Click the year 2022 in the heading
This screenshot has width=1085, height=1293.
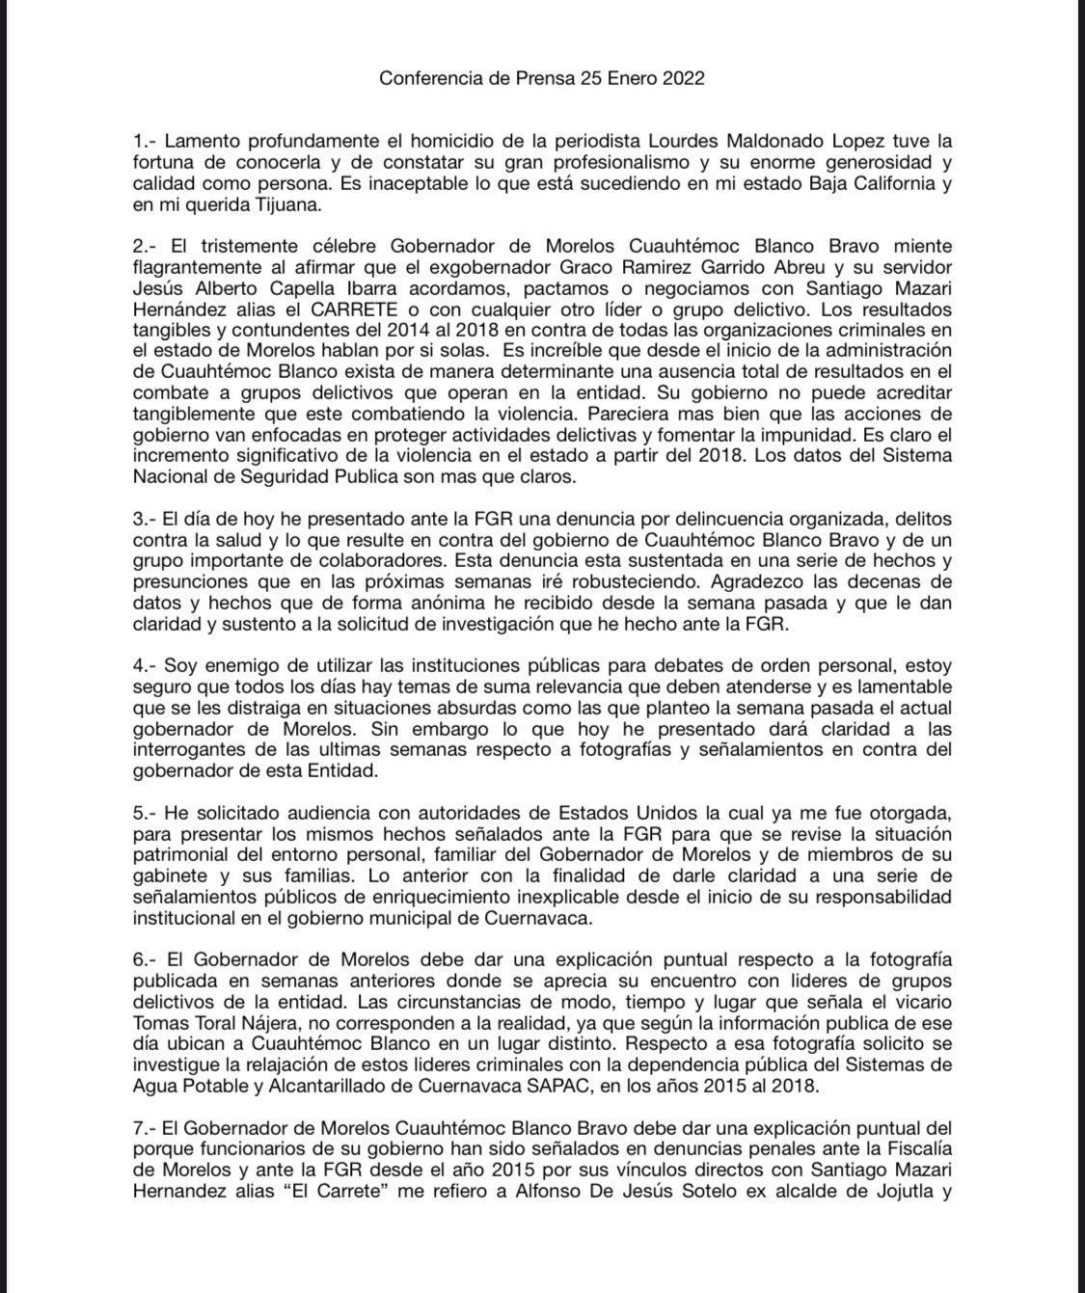coord(683,79)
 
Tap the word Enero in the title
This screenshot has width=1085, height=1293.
coord(623,79)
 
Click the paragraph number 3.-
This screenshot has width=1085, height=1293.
coord(145,498)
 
